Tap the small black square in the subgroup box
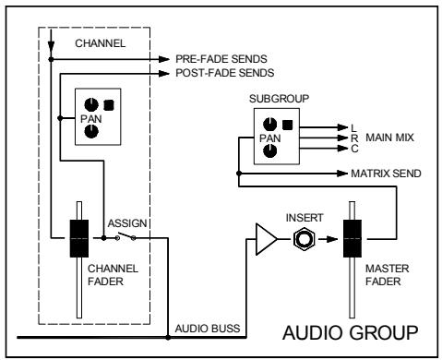coord(285,124)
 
